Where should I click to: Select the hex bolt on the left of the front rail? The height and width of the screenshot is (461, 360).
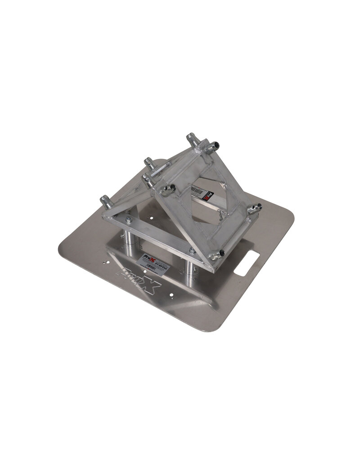click(129, 219)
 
